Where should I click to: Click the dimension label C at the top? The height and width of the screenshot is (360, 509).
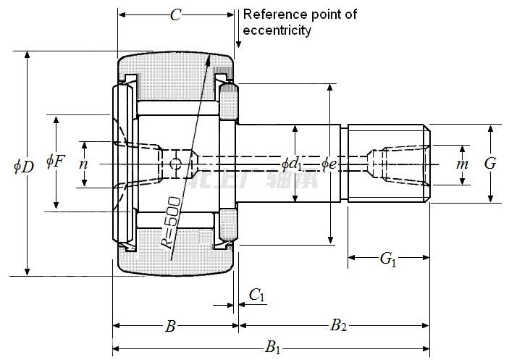tap(174, 14)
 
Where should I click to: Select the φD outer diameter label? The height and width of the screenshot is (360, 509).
tap(23, 166)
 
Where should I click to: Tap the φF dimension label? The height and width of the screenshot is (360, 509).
tap(55, 161)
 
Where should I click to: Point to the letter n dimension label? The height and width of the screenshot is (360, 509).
tap(84, 164)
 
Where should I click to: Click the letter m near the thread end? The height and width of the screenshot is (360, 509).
tap(463, 164)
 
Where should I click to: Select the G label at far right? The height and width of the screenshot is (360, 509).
tap(490, 164)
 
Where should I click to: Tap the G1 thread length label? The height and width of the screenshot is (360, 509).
tap(388, 258)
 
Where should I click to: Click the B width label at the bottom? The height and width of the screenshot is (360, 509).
tap(170, 326)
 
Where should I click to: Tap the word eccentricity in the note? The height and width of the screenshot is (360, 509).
tap(277, 30)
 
